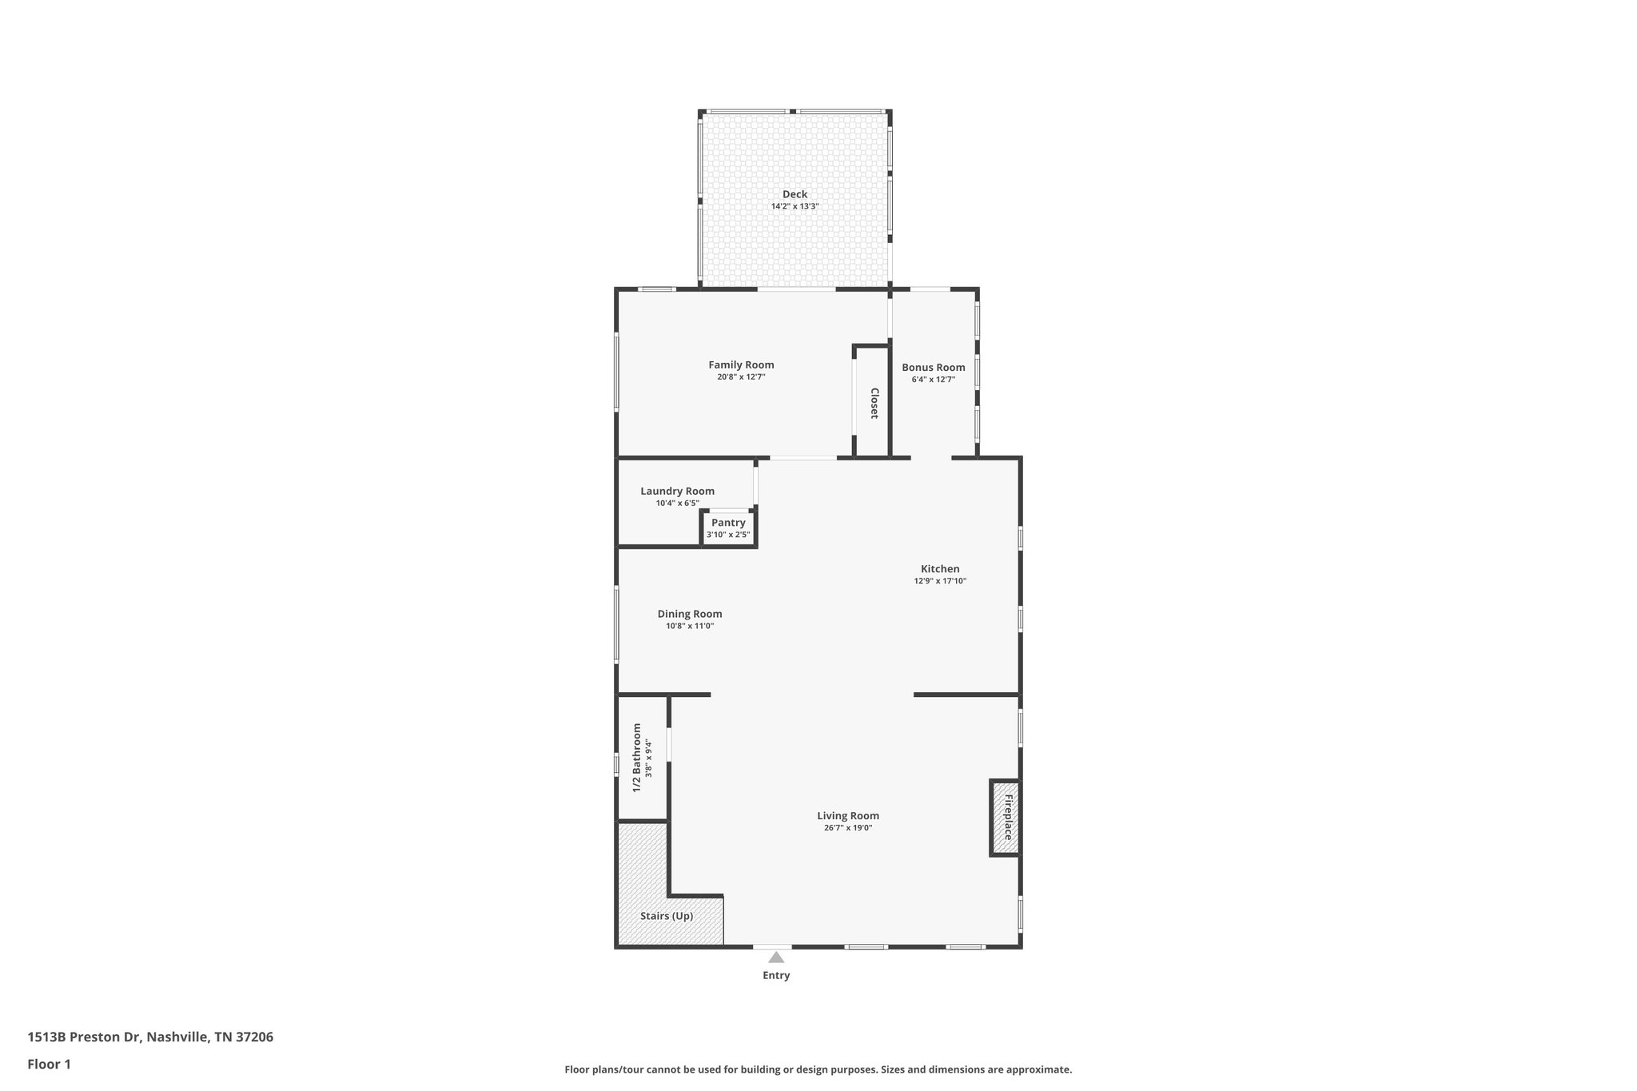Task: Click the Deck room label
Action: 795,194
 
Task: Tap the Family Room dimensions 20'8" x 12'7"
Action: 741,376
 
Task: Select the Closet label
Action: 874,404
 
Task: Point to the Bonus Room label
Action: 933,368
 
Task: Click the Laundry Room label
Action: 677,492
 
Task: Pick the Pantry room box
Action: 728,528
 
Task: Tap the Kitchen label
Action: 940,569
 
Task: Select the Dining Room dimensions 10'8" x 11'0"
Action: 689,626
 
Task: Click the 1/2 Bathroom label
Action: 637,758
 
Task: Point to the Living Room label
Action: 847,816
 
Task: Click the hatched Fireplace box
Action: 1005,818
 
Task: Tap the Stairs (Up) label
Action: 666,916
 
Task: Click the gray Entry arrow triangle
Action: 776,957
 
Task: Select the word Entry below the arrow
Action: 776,975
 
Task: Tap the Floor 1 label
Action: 49,1064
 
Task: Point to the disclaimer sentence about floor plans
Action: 818,1069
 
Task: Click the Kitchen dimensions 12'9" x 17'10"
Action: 940,581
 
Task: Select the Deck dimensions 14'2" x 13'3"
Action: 795,206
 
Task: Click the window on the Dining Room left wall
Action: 616,624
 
